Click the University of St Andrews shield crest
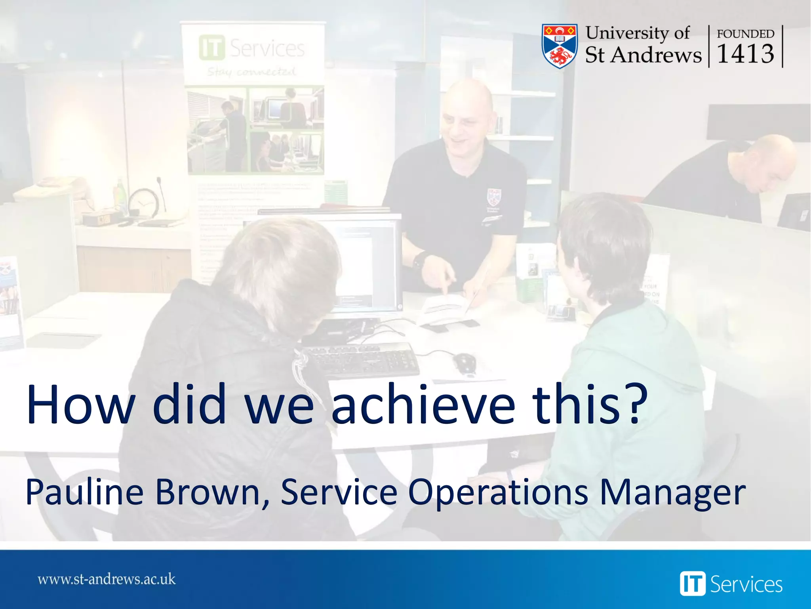559,46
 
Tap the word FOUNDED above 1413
745,34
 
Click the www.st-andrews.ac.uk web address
107,579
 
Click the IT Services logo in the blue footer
731,584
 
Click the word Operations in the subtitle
498,493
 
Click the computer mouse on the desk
465,362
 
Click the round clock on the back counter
143,203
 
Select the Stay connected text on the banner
251,72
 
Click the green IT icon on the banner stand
212,48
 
